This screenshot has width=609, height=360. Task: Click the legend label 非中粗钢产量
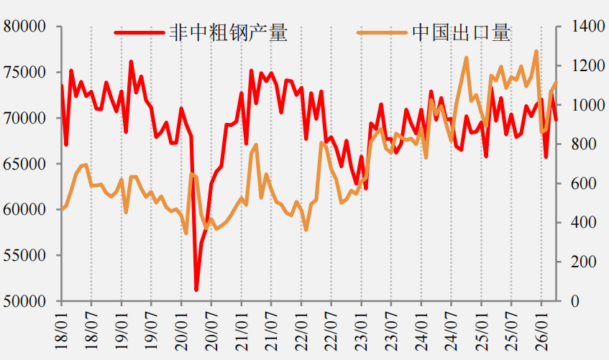click(229, 32)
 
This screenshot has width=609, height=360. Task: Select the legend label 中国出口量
click(461, 32)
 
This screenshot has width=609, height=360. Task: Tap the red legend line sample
click(139, 32)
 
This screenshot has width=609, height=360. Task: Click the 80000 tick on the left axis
click(24, 27)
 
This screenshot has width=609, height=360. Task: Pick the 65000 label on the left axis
click(24, 164)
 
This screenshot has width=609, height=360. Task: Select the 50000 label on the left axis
click(24, 301)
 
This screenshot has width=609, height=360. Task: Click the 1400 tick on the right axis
click(588, 27)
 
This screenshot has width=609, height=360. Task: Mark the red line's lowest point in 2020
click(196, 290)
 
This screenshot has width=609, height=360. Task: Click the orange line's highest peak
click(536, 51)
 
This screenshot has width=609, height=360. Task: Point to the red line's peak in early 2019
click(131, 61)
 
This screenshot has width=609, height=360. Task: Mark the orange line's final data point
click(557, 83)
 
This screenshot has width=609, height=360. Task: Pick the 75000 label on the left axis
click(24, 73)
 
